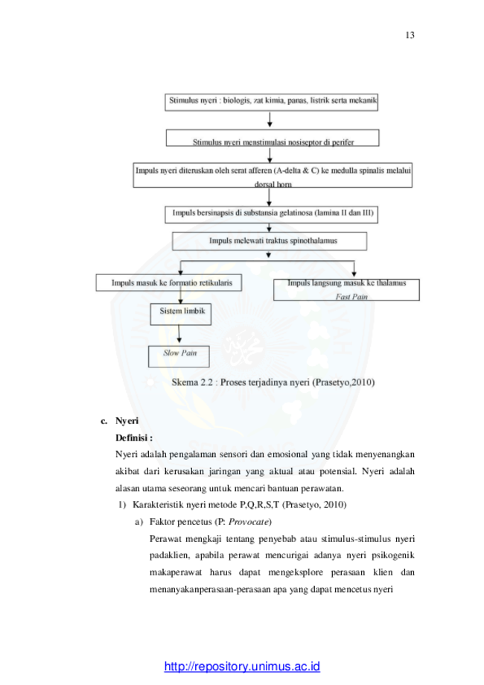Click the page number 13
[410, 35]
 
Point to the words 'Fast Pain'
[351, 297]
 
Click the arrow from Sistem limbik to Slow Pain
[179, 334]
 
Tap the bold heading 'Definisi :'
[134, 438]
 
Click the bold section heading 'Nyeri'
[127, 420]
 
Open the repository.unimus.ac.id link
[242, 666]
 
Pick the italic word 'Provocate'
[248, 522]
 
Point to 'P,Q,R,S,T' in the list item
[259, 505]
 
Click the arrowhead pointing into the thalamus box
[354, 274]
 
